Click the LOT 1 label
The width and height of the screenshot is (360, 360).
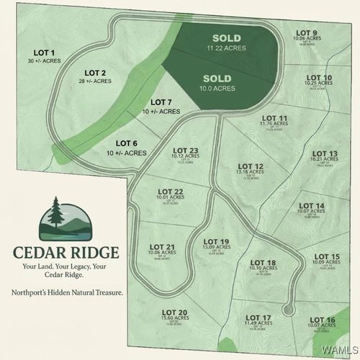click(45, 52)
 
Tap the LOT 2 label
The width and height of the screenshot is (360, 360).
click(95, 73)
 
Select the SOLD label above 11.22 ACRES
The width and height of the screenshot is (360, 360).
click(226, 37)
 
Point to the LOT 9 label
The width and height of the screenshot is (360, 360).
click(306, 32)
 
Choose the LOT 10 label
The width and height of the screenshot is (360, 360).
click(319, 78)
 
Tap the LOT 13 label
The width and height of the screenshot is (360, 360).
click(324, 153)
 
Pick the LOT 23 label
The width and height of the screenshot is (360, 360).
click(185, 150)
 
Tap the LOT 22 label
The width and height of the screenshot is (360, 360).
click(171, 191)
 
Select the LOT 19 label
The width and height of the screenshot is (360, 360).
click(216, 241)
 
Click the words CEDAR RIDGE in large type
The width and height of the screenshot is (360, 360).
click(66, 253)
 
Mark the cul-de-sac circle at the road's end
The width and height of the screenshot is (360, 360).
click(289, 310)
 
